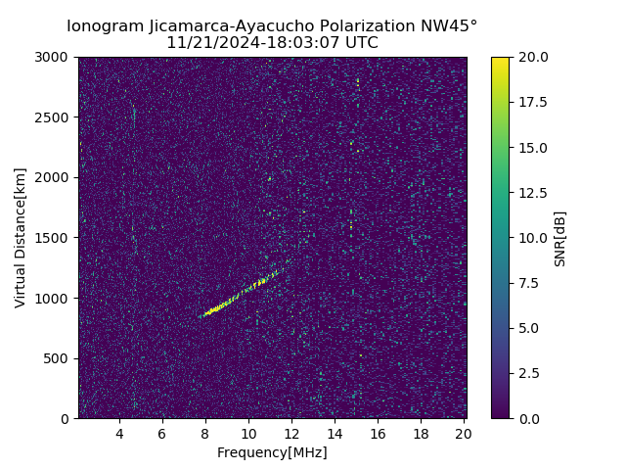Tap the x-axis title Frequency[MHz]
[x=272, y=452]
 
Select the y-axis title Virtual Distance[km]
[x=21, y=238]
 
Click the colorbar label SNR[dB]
[x=560, y=238]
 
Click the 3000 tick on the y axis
[x=55, y=57]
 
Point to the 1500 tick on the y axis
[x=55, y=238]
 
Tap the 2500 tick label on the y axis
[x=55, y=117]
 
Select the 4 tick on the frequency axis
[x=119, y=433]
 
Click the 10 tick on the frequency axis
[x=248, y=433]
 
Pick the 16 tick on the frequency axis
[x=378, y=433]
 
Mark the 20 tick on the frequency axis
[x=464, y=433]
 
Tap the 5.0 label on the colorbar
[x=529, y=328]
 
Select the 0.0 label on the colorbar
[x=529, y=418]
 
